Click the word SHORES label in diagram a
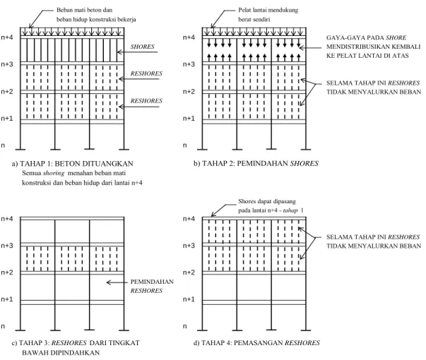point(143,47)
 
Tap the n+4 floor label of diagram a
point(7,37)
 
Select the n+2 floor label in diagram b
point(189,92)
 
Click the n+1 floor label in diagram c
point(7,299)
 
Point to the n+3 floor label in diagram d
point(189,246)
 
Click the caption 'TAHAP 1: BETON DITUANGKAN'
point(76,164)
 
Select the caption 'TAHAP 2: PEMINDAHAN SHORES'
point(260,164)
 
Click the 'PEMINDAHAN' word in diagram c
point(152,282)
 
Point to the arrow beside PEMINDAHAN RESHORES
point(117,282)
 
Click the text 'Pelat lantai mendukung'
point(268,10)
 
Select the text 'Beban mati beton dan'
point(84,10)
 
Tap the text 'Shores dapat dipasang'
point(267,201)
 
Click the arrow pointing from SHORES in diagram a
point(137,52)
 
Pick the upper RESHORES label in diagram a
point(146,73)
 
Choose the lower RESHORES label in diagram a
point(146,101)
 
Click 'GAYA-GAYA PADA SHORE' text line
point(366,37)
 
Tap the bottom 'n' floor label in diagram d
point(185,326)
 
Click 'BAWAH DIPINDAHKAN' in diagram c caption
point(61,353)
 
